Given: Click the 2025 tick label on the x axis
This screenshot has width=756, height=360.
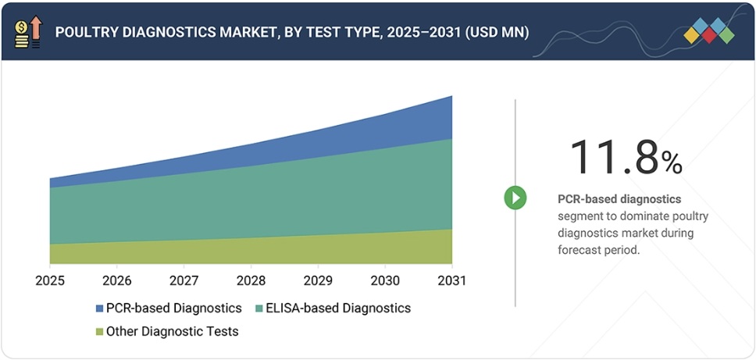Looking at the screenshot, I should click(x=50, y=280).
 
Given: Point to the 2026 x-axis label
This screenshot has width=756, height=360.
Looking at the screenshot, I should click(x=117, y=280).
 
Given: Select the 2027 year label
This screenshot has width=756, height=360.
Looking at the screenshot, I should click(x=184, y=280).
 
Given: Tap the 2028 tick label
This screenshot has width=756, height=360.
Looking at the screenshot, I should click(x=251, y=280).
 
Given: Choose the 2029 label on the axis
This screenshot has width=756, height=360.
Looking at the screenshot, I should click(x=318, y=280).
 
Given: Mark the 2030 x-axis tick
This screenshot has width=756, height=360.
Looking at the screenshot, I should click(x=385, y=280).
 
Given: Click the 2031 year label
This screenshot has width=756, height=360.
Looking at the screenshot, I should click(x=452, y=280).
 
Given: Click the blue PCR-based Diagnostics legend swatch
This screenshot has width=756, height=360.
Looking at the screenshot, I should click(x=99, y=308).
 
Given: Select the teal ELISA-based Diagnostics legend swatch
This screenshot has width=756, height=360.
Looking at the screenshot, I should click(x=259, y=308).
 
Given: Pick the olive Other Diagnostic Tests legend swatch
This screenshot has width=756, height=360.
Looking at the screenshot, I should click(x=99, y=332).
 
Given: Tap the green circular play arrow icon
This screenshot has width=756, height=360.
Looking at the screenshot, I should click(x=515, y=198).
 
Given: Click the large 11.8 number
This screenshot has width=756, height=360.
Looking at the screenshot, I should click(x=613, y=158).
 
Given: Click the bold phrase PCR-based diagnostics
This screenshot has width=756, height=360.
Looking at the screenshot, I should click(x=619, y=199).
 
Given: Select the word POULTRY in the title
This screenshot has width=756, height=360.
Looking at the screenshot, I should click(x=87, y=32).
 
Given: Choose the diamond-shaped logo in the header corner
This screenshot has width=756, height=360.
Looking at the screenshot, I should click(x=708, y=31).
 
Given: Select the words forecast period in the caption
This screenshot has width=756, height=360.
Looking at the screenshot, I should click(x=597, y=251).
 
